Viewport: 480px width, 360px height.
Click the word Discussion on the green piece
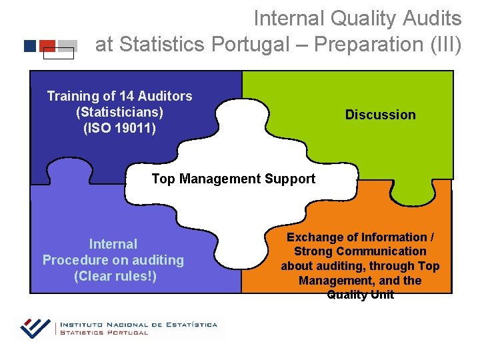pyautogui.click(x=380, y=115)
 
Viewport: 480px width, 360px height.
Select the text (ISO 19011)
pyautogui.click(x=120, y=127)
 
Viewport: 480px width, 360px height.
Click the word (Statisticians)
pyautogui.click(x=120, y=111)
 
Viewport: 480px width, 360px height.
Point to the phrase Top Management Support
pyautogui.click(x=233, y=179)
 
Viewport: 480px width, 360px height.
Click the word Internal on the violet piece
pyautogui.click(x=113, y=244)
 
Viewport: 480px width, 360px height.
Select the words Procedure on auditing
pyautogui.click(x=113, y=260)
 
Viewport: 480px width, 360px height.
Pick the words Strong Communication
pyautogui.click(x=360, y=251)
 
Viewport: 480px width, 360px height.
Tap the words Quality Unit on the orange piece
pyautogui.click(x=360, y=295)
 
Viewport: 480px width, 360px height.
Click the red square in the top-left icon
pyautogui.click(x=47, y=45)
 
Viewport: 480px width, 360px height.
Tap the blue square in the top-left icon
pyautogui.click(x=30, y=46)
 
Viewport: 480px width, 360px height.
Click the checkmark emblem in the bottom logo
pyautogui.click(x=35, y=327)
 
